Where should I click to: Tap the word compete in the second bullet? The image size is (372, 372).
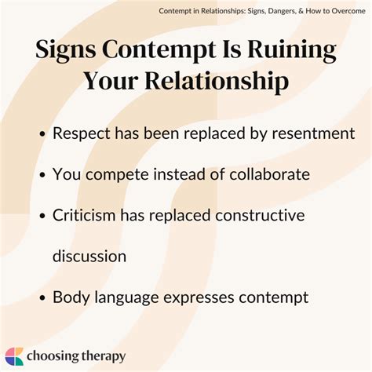tap(115, 174)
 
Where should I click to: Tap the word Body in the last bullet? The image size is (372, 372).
tap(71, 297)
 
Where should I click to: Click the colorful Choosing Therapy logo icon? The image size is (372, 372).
tap(15, 356)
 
